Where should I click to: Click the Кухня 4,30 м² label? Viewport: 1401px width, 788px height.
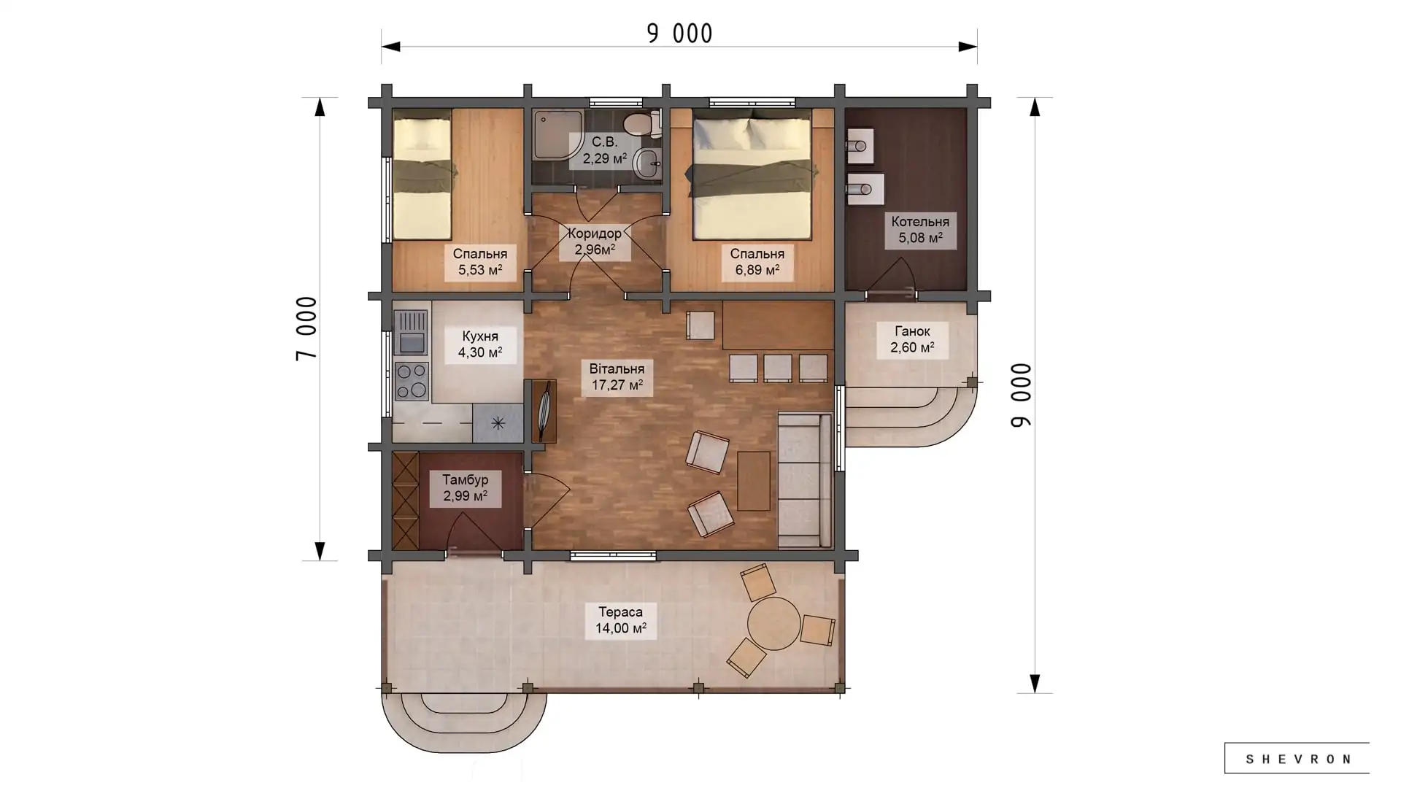[480, 344]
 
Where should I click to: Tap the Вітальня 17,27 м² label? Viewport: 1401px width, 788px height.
[617, 376]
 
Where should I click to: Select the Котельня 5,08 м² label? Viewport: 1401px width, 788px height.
[920, 230]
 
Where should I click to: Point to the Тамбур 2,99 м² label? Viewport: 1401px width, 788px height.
[466, 487]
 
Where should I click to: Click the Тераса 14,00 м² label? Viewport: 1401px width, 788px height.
[621, 620]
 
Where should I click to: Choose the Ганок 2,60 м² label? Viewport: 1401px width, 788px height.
[912, 339]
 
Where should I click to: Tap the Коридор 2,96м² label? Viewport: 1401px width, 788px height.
[595, 242]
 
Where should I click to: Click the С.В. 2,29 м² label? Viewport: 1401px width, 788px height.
[604, 150]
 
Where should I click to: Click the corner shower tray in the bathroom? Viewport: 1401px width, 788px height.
[557, 134]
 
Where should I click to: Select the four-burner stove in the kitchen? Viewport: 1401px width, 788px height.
[411, 381]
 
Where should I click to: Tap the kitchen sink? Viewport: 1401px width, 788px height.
[411, 333]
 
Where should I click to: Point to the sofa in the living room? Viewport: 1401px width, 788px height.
[805, 480]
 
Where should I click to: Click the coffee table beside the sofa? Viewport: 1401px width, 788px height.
[754, 481]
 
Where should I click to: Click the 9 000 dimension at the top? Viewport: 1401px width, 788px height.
[679, 34]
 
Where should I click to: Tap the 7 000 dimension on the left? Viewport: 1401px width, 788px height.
[306, 328]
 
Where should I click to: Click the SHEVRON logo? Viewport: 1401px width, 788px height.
[1297, 759]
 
